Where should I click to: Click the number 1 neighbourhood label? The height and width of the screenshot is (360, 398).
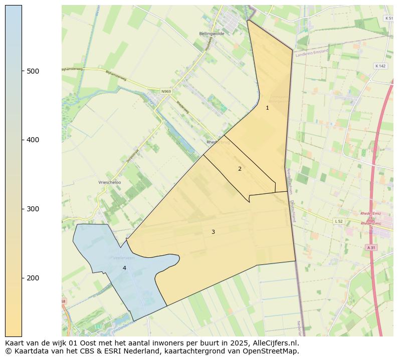click(x=267, y=108)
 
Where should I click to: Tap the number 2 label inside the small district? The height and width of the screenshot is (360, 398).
click(x=240, y=169)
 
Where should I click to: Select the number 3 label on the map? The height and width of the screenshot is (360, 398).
click(x=213, y=232)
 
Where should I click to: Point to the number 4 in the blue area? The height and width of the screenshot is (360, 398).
click(x=124, y=268)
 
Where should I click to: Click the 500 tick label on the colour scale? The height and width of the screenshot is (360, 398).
click(x=33, y=71)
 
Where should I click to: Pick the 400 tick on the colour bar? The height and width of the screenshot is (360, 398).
click(x=33, y=140)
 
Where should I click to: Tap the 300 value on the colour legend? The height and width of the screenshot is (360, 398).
click(x=33, y=209)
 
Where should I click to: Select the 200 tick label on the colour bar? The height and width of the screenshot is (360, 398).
click(x=33, y=278)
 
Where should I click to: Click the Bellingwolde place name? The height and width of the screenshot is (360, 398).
click(x=212, y=34)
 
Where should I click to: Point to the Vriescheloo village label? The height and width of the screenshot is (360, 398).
click(x=110, y=183)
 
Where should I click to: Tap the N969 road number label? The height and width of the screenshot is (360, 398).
click(x=166, y=91)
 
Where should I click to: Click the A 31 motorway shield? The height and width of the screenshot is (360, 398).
click(x=371, y=247)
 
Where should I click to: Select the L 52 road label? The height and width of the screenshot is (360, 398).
click(x=339, y=221)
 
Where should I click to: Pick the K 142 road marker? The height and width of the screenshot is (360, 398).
click(x=380, y=66)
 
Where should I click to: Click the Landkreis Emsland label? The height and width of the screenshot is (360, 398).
click(x=311, y=52)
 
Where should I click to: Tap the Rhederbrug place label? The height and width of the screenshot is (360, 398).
click(x=217, y=142)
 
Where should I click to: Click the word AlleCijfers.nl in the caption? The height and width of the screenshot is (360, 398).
click(x=276, y=343)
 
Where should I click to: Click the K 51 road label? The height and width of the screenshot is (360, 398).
click(x=388, y=18)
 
